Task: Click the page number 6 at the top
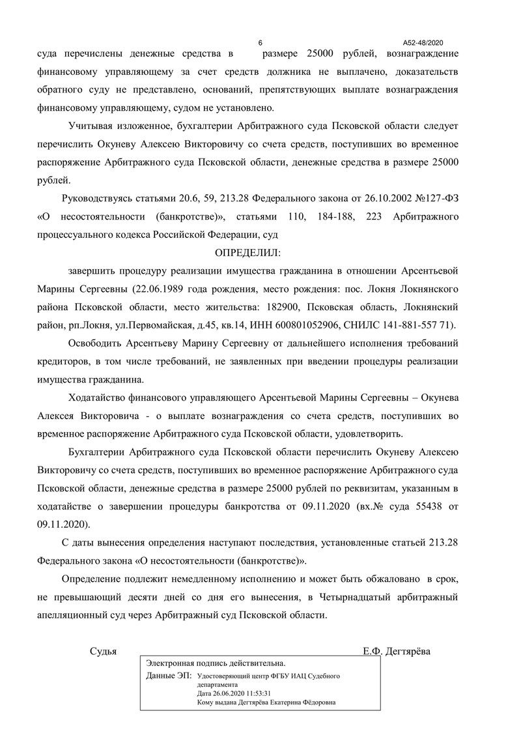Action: coord(260,41)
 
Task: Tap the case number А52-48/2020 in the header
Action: coord(427,41)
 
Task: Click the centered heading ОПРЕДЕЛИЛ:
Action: coord(251,252)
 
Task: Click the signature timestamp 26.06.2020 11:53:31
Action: coord(242,694)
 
